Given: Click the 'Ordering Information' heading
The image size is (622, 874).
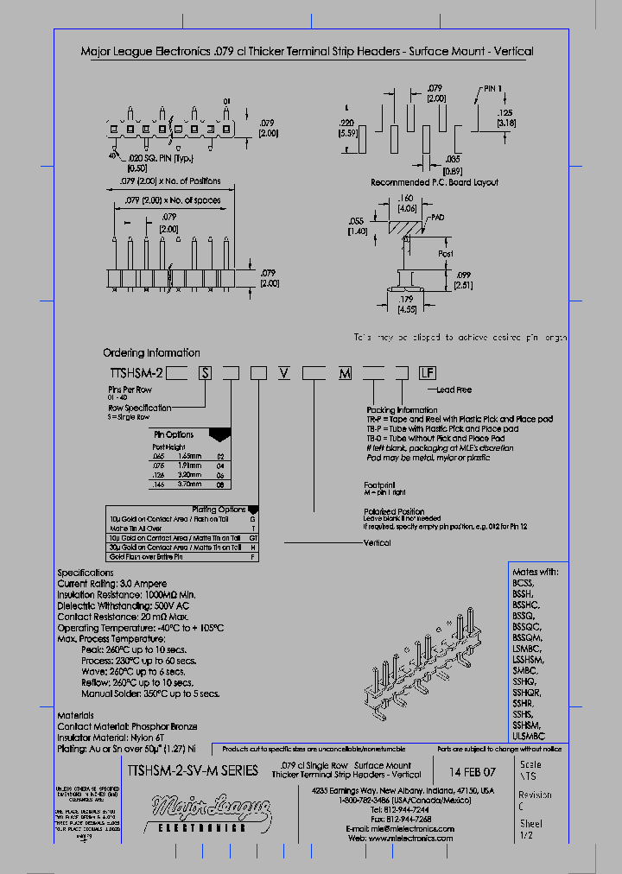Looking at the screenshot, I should coord(151,353).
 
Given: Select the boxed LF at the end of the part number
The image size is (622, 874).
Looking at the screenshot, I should coord(427,373).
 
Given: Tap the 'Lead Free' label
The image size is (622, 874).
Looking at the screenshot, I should coord(454,389).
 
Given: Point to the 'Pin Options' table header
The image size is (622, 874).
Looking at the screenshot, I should coord(174,434).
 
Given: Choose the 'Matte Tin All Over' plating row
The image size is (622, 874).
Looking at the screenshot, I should coord(137,528).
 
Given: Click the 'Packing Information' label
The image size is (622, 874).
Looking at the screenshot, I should coord(402,410).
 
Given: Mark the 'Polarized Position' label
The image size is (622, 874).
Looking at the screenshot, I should coord(394,511).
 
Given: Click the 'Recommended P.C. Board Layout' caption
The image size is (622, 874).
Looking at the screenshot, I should coord(434,183).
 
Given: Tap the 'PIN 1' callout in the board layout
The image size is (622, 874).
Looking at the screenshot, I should coord(492,89).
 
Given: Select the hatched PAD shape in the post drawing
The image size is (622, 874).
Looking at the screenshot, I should coord(404,227).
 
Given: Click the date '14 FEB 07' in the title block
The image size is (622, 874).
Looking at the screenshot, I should coord(473,770).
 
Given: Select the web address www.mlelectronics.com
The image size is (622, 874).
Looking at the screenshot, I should coord(412,839).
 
